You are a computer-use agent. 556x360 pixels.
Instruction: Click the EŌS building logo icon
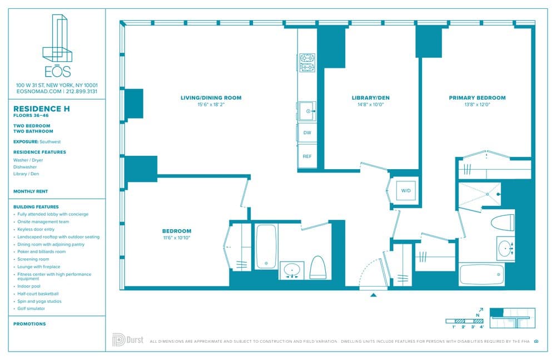58,38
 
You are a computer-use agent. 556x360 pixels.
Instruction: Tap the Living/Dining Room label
211,98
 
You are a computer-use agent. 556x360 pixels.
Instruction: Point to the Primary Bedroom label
477,98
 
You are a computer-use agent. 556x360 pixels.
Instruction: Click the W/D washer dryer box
406,191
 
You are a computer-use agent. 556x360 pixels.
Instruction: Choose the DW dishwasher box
307,133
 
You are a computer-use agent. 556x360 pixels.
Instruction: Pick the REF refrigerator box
307,156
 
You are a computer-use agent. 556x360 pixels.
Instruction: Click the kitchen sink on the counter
306,111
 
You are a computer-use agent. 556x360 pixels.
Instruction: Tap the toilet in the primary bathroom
503,222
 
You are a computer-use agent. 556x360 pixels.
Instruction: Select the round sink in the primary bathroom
505,248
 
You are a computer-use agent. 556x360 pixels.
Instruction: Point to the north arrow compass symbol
480,312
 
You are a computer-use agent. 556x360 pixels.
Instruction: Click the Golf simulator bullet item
31,308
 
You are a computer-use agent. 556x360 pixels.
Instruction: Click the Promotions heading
29,324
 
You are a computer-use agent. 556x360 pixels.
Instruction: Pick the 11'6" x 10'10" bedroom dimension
176,238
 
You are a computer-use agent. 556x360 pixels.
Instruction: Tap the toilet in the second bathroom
317,267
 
